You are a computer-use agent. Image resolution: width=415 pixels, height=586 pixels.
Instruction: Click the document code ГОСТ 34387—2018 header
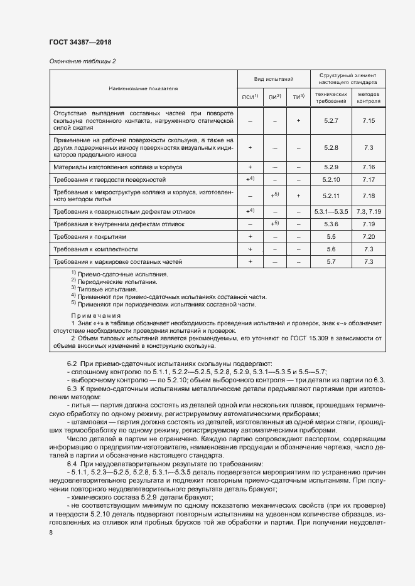(80, 43)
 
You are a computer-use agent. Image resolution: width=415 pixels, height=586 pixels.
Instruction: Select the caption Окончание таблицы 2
(82, 61)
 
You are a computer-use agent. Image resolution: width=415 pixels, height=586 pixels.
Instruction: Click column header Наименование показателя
(143, 88)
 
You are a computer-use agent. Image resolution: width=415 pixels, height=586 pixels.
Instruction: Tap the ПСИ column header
(250, 97)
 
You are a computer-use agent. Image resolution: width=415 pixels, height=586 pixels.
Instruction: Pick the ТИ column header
(298, 97)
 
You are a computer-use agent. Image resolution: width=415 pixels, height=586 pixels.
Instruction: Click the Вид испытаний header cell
(274, 80)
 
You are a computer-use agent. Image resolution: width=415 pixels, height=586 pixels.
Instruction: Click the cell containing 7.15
(369, 120)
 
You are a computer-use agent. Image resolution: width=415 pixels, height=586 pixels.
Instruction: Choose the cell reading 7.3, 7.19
(369, 212)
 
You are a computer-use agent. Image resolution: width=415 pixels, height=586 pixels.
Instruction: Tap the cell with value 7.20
(369, 237)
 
